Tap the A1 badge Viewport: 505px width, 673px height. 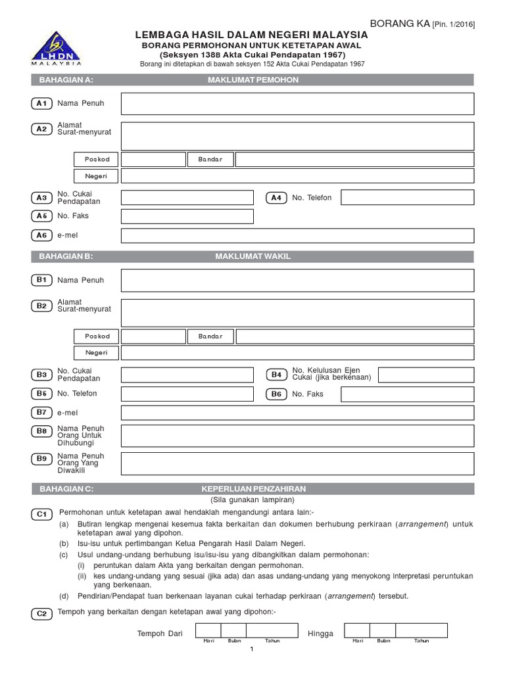click(42, 103)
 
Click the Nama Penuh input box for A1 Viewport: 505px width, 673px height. click(297, 104)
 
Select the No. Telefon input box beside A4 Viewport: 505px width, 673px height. click(407, 198)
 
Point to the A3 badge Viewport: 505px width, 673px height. click(42, 198)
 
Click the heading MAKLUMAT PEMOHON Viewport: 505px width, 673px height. click(253, 80)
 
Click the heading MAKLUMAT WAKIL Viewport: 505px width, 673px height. click(253, 256)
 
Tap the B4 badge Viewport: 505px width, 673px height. click(276, 375)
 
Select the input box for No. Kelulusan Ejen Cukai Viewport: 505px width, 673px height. click(425, 375)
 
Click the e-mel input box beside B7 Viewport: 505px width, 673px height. click(297, 413)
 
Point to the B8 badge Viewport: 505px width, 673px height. click(42, 431)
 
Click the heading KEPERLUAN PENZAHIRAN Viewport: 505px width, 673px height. click(253, 490)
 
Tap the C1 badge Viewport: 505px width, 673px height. click(42, 515)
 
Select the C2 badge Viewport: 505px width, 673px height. click(42, 614)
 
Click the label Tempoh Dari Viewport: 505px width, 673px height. click(160, 634)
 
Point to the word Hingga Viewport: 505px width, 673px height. click(321, 634)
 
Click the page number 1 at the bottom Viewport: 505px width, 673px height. click(251, 650)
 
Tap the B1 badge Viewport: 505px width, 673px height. click(42, 280)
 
